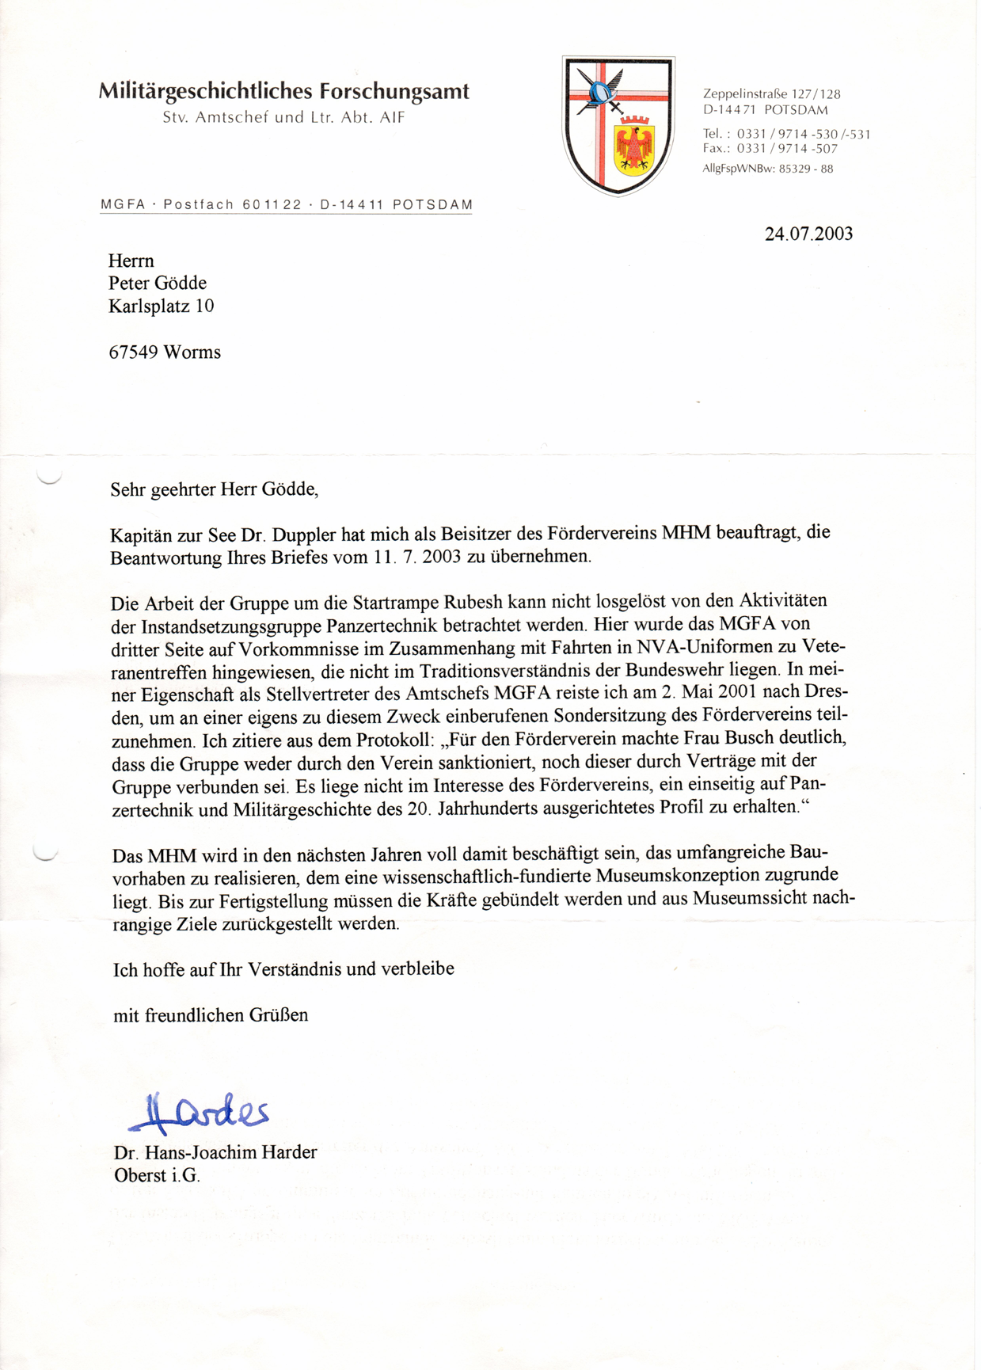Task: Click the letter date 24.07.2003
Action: coord(808,234)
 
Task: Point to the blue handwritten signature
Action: coord(199,1112)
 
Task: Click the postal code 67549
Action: coord(134,352)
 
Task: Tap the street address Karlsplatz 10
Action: coord(161,306)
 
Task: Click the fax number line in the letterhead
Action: coord(770,149)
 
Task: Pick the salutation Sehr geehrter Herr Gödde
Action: coord(214,489)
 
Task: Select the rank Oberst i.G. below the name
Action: coord(157,1175)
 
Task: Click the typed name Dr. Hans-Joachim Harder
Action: coord(215,1152)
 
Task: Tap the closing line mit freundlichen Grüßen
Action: coord(210,1015)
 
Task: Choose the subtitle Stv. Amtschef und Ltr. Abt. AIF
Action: coord(283,118)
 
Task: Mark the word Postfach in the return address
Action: coord(199,205)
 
